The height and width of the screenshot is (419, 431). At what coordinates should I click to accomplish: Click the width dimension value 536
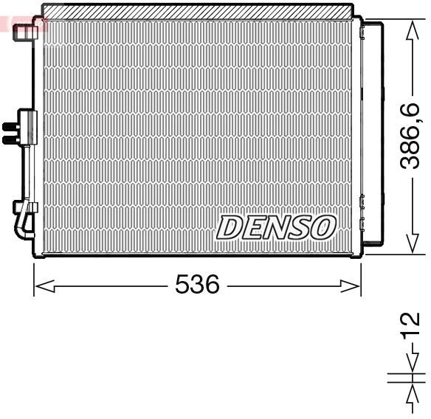(x=197, y=284)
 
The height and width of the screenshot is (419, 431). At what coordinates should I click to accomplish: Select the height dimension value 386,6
(x=411, y=136)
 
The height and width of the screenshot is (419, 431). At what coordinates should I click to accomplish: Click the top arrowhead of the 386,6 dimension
(x=412, y=27)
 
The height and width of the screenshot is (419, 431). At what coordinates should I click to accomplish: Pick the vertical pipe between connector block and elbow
(x=29, y=170)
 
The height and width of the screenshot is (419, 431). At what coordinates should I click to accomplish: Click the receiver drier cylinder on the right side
(x=374, y=133)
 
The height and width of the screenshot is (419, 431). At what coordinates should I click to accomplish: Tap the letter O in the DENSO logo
(x=323, y=227)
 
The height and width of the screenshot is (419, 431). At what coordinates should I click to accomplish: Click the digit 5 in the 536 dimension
(x=182, y=284)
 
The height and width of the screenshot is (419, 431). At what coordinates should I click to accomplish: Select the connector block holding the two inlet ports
(x=27, y=126)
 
